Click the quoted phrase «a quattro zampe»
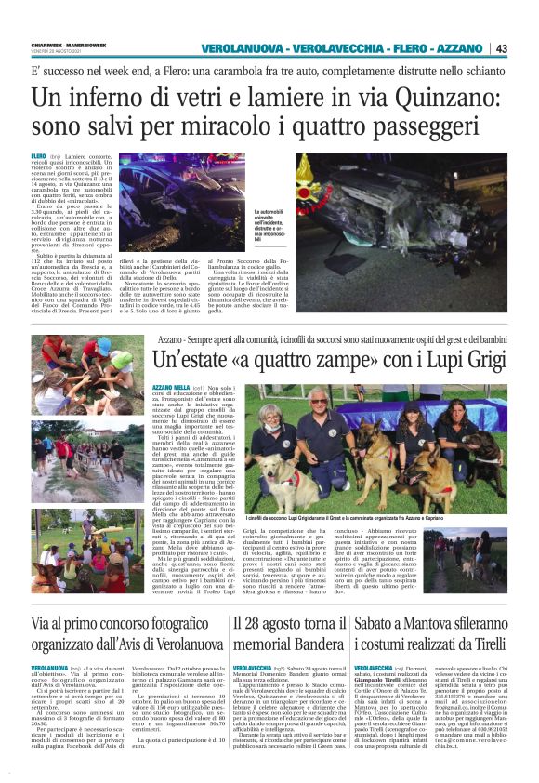tap(294, 358)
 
